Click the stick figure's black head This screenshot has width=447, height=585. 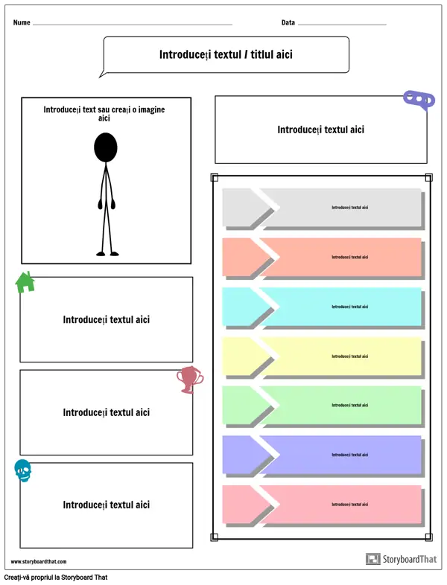106,147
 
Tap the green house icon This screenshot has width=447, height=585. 25,282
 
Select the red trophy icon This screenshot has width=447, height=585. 189,380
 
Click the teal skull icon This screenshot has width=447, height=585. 23,470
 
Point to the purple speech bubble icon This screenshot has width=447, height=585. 419,100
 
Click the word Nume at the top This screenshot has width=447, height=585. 22,22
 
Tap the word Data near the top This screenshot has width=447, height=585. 288,22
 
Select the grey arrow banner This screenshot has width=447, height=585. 322,208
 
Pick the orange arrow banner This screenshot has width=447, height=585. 322,257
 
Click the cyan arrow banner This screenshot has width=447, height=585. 322,307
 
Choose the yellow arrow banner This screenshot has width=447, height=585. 322,356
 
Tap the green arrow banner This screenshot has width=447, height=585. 322,406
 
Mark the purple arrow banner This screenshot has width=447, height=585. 322,455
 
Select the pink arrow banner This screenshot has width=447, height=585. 322,505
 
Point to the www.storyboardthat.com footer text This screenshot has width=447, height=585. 38,562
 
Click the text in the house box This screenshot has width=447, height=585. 106,319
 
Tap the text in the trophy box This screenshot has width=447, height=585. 106,412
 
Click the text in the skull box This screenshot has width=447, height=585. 106,505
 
